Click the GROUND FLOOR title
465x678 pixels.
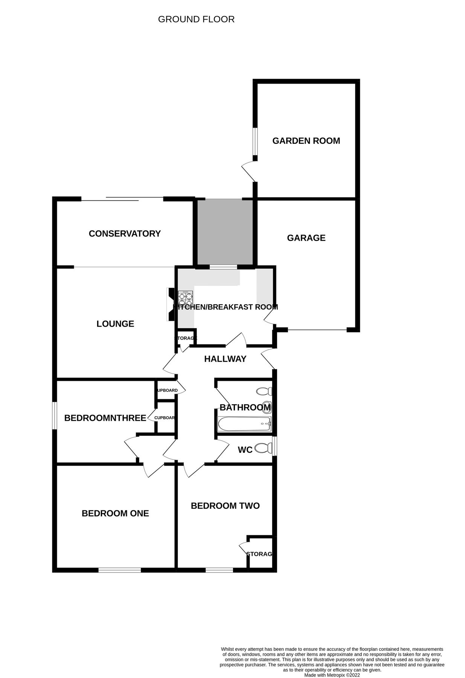click(196, 19)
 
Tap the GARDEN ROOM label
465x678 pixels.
click(306, 141)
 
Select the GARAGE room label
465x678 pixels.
click(306, 238)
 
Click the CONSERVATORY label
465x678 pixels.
click(125, 234)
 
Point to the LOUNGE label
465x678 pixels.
click(115, 324)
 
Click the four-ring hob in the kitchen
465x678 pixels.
click(185, 299)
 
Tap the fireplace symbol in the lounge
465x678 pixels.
click(170, 304)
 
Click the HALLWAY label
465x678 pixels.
click(225, 359)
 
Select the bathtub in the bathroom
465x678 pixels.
click(244, 424)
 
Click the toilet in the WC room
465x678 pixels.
click(264, 448)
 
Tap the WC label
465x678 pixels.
click(245, 450)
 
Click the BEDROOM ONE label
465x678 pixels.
click(115, 513)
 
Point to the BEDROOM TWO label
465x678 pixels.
click(225, 506)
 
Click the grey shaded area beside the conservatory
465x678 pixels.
click(225, 232)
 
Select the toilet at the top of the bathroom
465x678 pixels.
click(264, 391)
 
